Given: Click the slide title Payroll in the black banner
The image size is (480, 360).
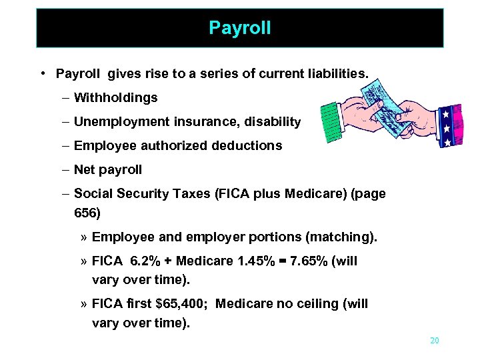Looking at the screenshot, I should click(239, 28).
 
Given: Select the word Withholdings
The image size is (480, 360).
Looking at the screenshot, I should click(116, 98).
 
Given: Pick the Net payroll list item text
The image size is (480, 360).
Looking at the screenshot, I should click(108, 169).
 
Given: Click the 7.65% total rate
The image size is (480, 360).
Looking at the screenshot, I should click(310, 261).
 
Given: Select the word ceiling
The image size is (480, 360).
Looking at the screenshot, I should click(321, 304).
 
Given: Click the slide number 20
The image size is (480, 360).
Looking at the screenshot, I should click(434, 341).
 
